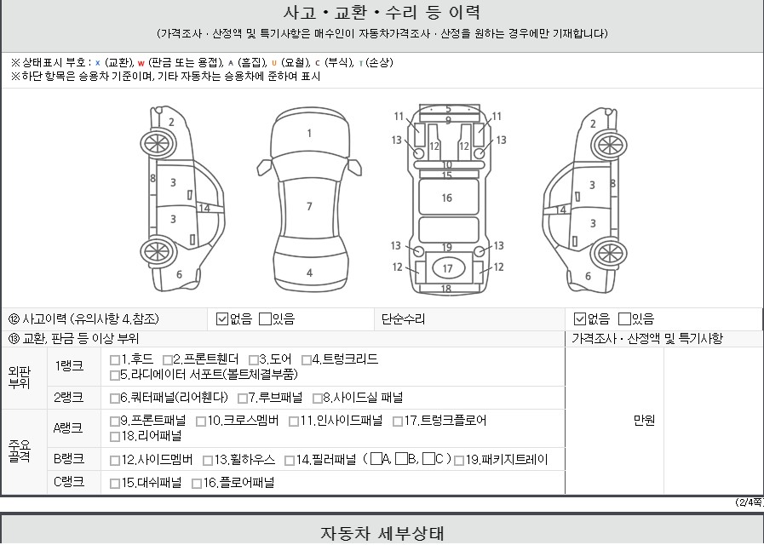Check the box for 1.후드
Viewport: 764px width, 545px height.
pos(115,360)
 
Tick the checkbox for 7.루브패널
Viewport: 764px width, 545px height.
pos(242,399)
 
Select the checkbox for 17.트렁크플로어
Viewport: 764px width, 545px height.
pos(398,422)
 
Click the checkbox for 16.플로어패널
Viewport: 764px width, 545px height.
pos(197,484)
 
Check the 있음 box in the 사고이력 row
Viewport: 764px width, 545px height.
pos(265,319)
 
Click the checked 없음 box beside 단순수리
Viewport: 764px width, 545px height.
pos(579,319)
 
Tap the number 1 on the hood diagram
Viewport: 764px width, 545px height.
pos(309,133)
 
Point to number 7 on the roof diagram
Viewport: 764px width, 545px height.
pos(309,207)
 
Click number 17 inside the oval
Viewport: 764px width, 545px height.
pos(448,268)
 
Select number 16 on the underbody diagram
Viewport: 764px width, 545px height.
pos(447,198)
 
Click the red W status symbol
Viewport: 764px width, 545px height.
pos(141,63)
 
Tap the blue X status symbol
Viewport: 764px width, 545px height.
pos(97,63)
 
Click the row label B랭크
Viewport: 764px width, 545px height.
pos(69,459)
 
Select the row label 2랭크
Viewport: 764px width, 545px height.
pos(69,398)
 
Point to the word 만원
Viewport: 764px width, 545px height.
pos(644,421)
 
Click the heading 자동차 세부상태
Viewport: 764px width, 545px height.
pos(382,533)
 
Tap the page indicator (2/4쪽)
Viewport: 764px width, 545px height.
pos(749,502)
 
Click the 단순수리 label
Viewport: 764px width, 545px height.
pos(403,319)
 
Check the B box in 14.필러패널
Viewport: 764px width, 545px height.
pos(401,459)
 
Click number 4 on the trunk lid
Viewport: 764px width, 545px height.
pos(309,272)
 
